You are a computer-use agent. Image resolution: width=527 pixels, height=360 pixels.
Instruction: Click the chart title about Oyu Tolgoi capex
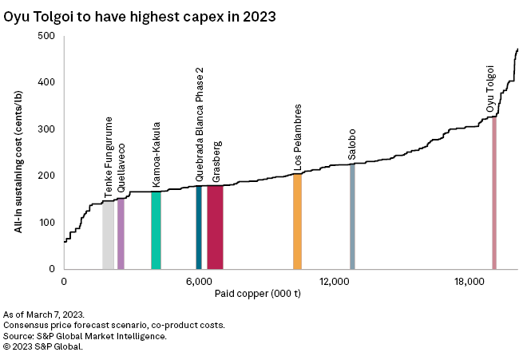click(x=140, y=15)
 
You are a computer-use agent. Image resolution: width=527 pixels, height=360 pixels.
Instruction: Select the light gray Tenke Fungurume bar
click(x=108, y=235)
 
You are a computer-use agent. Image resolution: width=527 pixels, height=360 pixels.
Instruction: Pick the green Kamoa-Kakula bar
click(x=156, y=231)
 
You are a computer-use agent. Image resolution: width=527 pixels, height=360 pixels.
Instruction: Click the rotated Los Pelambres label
click(x=298, y=137)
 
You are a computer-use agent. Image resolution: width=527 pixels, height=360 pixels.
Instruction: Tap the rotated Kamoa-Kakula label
click(x=157, y=156)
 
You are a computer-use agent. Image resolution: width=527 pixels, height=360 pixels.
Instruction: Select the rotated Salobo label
click(x=352, y=144)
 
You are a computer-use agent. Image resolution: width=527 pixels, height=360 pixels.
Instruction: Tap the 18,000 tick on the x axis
click(x=468, y=282)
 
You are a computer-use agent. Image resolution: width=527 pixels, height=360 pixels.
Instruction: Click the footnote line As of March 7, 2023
click(x=44, y=315)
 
